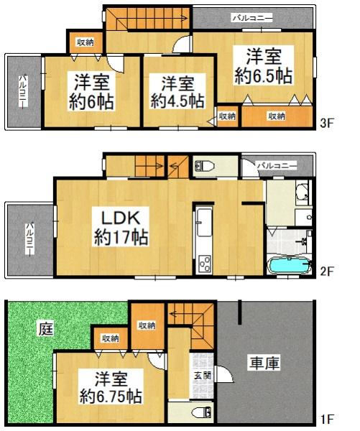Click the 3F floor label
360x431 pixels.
click(328, 123)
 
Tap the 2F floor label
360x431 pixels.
click(328, 271)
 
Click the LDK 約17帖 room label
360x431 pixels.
click(120, 227)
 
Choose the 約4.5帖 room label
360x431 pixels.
click(175, 92)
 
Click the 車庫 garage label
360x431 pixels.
click(265, 363)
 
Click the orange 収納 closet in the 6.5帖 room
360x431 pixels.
click(277, 116)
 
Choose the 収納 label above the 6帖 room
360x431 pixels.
click(85, 42)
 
